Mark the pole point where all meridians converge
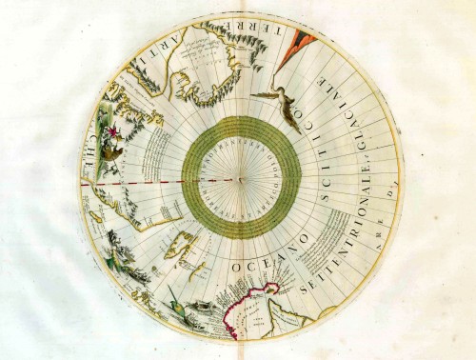(x=241, y=178)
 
